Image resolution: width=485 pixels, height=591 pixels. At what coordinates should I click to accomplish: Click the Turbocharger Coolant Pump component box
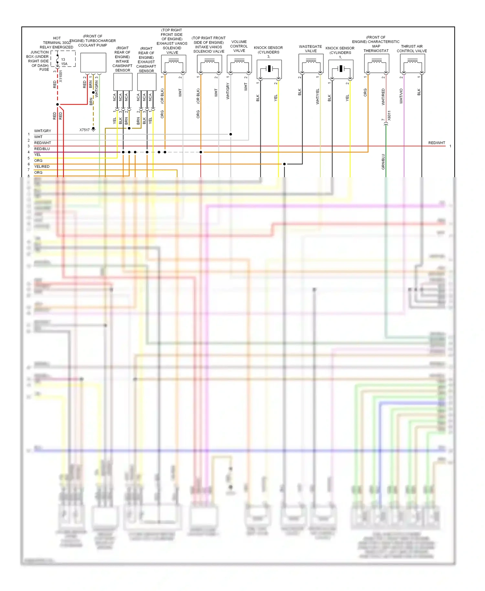pos(93,62)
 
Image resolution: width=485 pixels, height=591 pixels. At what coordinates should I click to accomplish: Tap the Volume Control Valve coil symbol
pos(239,63)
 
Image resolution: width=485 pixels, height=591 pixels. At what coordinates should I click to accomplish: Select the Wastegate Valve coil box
pos(311,63)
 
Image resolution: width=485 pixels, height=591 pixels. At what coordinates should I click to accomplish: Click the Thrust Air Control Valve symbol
pos(412,63)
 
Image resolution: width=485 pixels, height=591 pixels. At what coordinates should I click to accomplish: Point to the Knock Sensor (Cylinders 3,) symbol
pos(269,69)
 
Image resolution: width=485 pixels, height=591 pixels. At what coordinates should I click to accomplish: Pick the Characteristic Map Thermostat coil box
pos(376,63)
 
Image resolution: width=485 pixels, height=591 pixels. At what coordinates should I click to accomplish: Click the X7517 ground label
pos(84,130)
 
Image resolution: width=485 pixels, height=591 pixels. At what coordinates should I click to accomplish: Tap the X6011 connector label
pos(389,115)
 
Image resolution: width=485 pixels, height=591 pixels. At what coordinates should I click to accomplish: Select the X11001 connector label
pos(61,76)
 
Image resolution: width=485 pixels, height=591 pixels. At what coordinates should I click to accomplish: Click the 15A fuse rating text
pos(64,64)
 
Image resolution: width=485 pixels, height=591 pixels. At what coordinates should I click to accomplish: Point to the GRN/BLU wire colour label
pos(383,162)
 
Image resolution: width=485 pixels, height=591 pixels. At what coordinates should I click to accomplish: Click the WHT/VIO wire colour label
pos(401,96)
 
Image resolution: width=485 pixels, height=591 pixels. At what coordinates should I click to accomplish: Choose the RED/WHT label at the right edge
pos(436,143)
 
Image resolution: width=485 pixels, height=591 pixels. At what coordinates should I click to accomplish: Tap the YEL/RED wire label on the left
pos(42,167)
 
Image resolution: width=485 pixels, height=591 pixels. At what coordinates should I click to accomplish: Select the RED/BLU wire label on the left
pos(42,149)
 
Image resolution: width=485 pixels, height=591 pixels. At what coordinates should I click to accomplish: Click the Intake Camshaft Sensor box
pos(123,82)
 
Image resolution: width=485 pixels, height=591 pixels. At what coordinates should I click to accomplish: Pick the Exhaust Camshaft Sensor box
pos(147,82)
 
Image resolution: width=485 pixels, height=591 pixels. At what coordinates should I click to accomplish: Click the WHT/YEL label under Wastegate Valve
pos(318,96)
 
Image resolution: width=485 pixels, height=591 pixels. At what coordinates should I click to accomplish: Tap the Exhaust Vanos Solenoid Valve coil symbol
pos(174,63)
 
